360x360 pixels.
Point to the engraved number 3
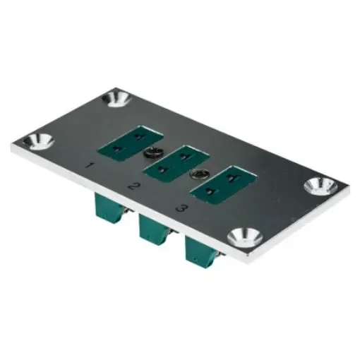tap(181, 208)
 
